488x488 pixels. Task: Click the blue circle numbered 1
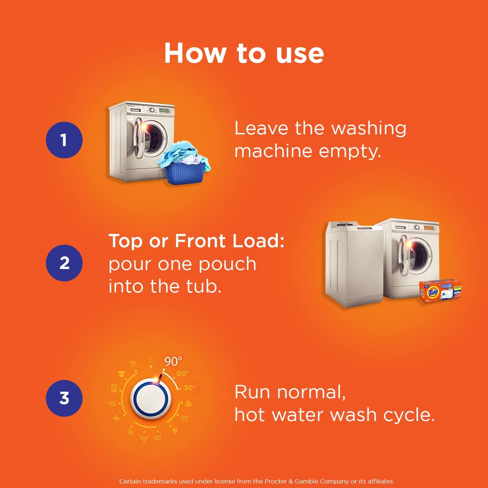click(64, 140)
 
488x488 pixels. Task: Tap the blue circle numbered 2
click(64, 263)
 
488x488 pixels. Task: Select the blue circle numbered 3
click(64, 398)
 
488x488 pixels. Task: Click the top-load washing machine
click(355, 264)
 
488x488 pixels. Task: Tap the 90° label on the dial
click(173, 361)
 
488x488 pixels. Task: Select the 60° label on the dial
click(183, 373)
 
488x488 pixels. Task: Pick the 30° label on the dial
click(190, 387)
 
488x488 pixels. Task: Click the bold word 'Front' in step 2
click(200, 241)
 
